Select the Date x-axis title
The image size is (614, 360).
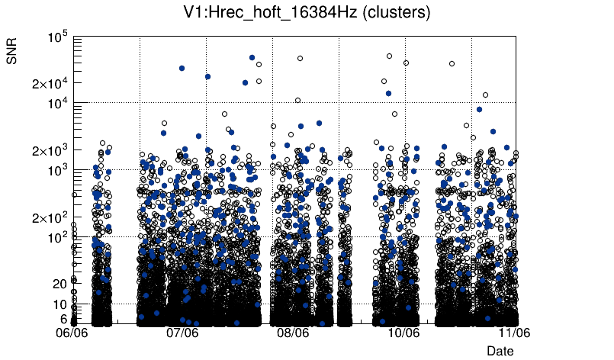(500, 351)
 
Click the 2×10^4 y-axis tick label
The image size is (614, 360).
(50, 83)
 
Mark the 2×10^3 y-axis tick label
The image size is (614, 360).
(50, 150)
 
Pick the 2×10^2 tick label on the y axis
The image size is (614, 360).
(50, 217)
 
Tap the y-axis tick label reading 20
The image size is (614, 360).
(60, 284)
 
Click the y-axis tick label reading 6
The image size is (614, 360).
(63, 319)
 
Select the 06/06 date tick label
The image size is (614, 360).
(73, 333)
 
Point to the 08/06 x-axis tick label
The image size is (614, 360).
(294, 333)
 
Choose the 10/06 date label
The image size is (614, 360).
(403, 333)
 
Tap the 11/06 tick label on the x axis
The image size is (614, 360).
(514, 333)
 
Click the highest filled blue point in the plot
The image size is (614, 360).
(252, 57)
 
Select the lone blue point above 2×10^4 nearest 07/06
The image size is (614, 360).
(182, 68)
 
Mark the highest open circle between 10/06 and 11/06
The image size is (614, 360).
(452, 64)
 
